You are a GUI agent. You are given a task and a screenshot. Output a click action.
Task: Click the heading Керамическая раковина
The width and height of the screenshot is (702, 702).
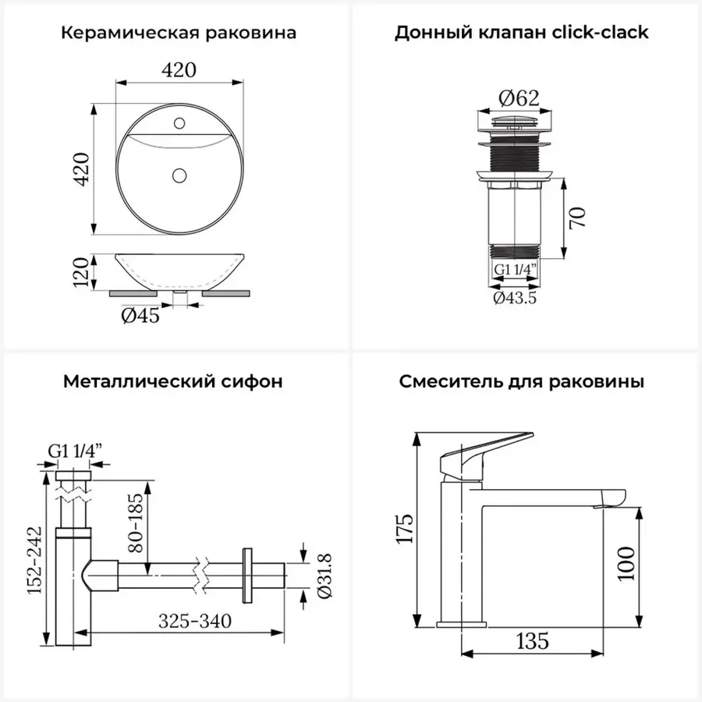pyautogui.click(x=178, y=33)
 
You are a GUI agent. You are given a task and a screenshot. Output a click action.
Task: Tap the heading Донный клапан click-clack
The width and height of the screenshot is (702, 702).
pyautogui.click(x=522, y=32)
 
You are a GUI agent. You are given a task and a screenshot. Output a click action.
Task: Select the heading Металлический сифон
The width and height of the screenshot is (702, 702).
pyautogui.click(x=173, y=381)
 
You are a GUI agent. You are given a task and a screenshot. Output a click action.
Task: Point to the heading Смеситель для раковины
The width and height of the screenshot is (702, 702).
pyautogui.click(x=522, y=382)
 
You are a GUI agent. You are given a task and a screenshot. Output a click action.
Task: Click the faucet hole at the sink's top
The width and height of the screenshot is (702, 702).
pyautogui.click(x=179, y=123)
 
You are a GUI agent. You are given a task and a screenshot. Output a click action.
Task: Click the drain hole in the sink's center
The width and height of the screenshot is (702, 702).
pyautogui.click(x=179, y=175)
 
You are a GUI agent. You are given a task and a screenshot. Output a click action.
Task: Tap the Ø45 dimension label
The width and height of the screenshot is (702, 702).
pyautogui.click(x=140, y=316)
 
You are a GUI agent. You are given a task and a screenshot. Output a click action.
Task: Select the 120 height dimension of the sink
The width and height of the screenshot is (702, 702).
pyautogui.click(x=81, y=271)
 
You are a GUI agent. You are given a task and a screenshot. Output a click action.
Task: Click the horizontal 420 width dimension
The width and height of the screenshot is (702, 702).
pyautogui.click(x=179, y=70)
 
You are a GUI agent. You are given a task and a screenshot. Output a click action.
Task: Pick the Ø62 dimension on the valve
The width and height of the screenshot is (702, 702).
pyautogui.click(x=519, y=98)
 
